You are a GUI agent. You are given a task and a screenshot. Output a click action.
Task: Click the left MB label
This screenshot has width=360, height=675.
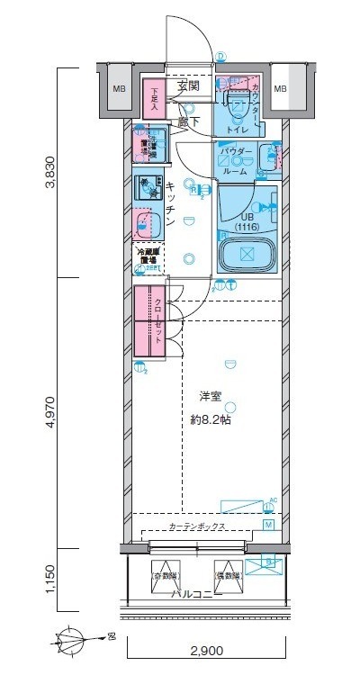point(118,88)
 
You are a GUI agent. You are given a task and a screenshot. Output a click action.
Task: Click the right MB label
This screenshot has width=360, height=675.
point(280,88)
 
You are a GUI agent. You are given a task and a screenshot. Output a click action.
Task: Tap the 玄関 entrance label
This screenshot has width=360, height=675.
point(187,86)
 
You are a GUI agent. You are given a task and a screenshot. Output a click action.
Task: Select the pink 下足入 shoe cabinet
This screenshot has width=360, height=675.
point(154,96)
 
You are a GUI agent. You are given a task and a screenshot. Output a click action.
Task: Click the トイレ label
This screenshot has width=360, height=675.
point(238,128)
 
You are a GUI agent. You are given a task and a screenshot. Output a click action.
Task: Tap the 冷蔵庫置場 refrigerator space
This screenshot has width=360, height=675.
point(148,257)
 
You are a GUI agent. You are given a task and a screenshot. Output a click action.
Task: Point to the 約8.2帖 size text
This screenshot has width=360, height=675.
point(211,419)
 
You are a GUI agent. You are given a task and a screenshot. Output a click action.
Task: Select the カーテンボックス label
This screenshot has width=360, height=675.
point(195,526)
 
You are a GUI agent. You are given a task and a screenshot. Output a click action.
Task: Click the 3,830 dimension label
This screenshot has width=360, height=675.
point(53,172)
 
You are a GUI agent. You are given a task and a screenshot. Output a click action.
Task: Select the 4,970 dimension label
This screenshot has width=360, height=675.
point(53,411)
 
